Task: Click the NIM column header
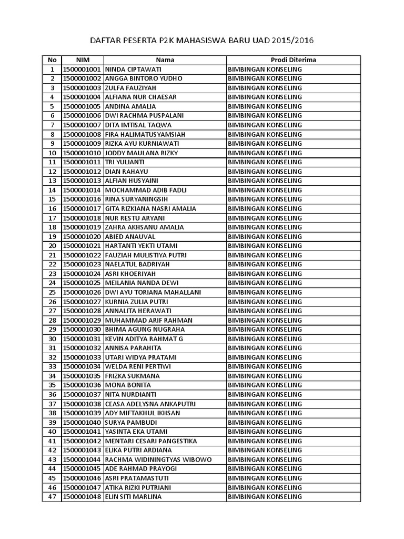[x=83, y=60]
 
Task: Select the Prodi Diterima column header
[x=294, y=60]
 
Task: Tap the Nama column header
[x=165, y=60]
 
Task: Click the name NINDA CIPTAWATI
[x=133, y=69]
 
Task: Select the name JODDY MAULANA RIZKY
[x=142, y=153]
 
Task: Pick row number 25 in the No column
[x=52, y=292]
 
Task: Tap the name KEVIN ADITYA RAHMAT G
[x=144, y=339]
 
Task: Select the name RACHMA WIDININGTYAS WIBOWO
[x=158, y=460]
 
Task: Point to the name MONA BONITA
[x=128, y=385]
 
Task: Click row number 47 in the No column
[x=52, y=497]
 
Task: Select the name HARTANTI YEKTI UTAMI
[x=142, y=246]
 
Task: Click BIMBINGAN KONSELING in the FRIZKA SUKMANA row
[x=265, y=376]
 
